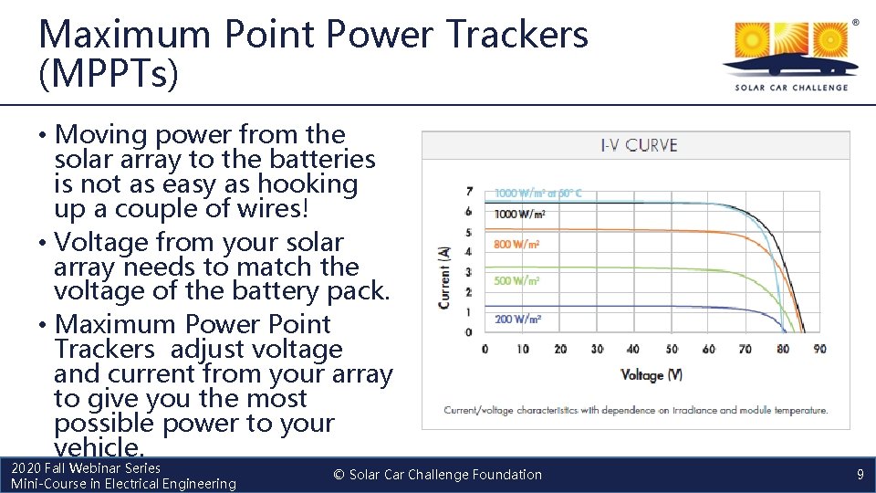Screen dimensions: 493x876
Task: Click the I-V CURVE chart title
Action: [639, 145]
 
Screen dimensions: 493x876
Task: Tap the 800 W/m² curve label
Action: [516, 245]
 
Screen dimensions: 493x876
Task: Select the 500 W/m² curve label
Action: [516, 281]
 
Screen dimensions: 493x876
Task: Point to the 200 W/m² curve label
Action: [517, 319]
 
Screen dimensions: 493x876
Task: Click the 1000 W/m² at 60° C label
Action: [537, 194]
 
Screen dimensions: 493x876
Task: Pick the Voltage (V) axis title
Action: [652, 375]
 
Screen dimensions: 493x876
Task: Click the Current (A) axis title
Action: [444, 272]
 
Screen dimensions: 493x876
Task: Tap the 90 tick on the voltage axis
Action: [819, 349]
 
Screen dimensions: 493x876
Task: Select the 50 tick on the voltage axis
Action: [672, 349]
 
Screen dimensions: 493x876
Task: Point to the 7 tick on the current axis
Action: [469, 192]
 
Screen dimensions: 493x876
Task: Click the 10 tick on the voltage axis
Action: [523, 349]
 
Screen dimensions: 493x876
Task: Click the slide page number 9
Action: [860, 475]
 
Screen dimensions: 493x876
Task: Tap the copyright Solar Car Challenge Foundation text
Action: [438, 475]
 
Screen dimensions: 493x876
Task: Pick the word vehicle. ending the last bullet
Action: [99, 447]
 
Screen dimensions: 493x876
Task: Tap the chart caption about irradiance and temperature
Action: [636, 410]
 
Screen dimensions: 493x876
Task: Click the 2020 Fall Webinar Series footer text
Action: [86, 467]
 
